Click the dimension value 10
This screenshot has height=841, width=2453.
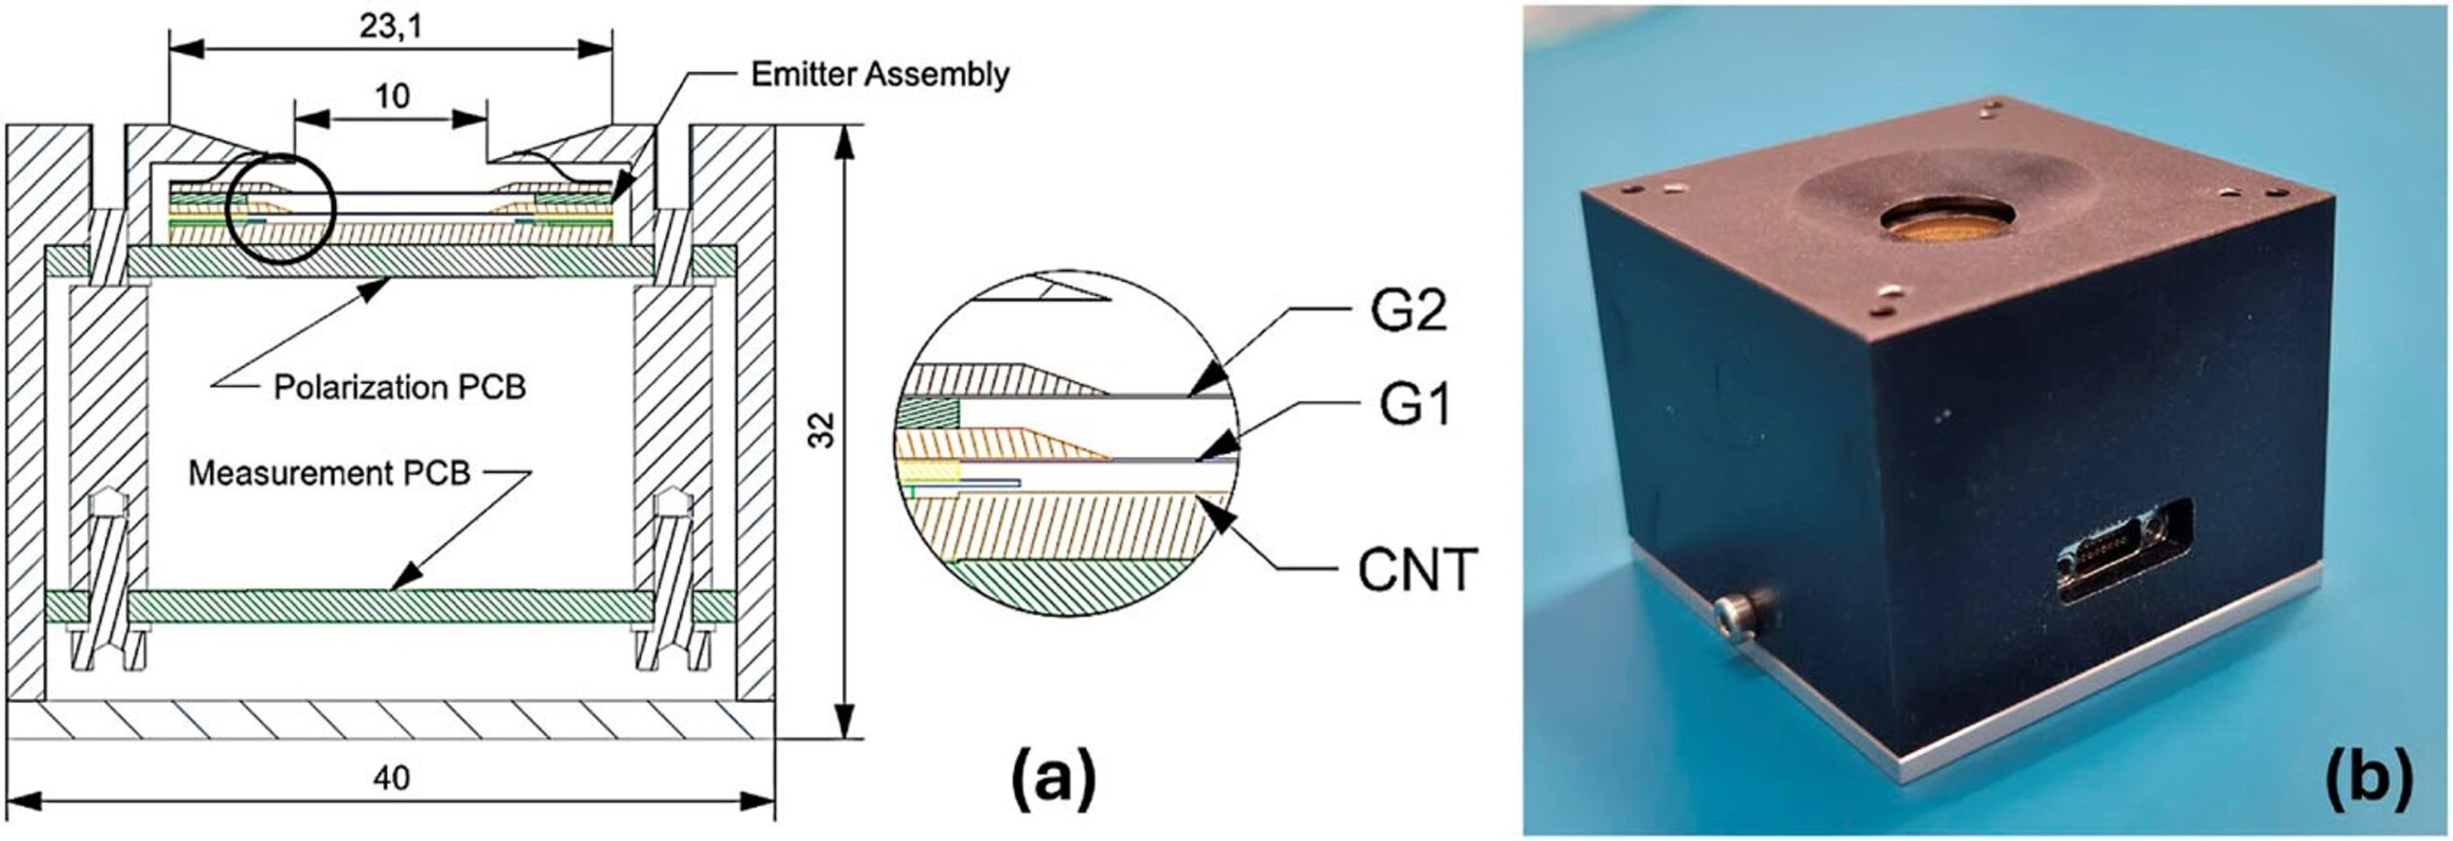pyautogui.click(x=393, y=96)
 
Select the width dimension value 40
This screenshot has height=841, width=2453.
pyautogui.click(x=391, y=778)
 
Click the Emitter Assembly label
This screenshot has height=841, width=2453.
pyautogui.click(x=880, y=75)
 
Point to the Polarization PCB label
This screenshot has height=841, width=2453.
pyautogui.click(x=401, y=387)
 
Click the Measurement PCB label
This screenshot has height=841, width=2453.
pyautogui.click(x=330, y=473)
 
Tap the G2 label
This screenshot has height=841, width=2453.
pyautogui.click(x=1408, y=312)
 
